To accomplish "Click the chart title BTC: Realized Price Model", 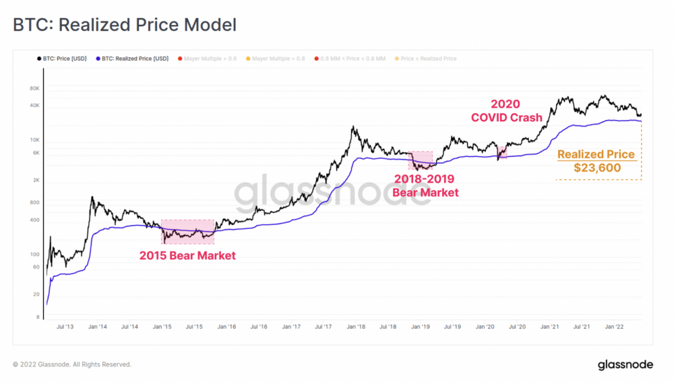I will tap(125, 26).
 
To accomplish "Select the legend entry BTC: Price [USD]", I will tap(66, 59).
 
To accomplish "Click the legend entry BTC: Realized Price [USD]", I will tap(135, 59).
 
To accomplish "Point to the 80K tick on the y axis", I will tap(35, 88).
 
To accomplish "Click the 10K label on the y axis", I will tap(35, 140).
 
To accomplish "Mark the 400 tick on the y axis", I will tap(35, 220).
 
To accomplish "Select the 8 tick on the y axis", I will tap(38, 317).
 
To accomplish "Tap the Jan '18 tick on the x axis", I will tap(356, 327).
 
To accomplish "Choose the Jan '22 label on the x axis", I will tap(614, 327).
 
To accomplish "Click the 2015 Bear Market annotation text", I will tap(187, 256).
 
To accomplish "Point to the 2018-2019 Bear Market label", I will tap(425, 185).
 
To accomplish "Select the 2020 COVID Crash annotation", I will tap(506, 110).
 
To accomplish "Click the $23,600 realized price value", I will tap(596, 168).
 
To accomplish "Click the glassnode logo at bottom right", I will tap(625, 364).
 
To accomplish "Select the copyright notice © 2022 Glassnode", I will tap(72, 364).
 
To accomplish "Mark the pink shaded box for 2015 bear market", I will tap(187, 231).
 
